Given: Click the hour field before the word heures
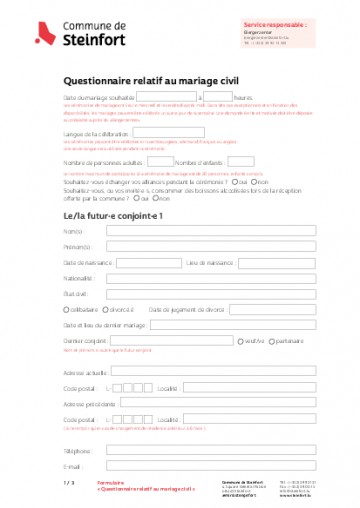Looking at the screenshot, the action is click(x=219, y=97).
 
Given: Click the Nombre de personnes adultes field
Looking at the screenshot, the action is click(x=153, y=161).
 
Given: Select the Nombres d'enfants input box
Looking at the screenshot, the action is click(x=241, y=161).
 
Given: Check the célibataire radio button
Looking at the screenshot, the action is click(x=66, y=311).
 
